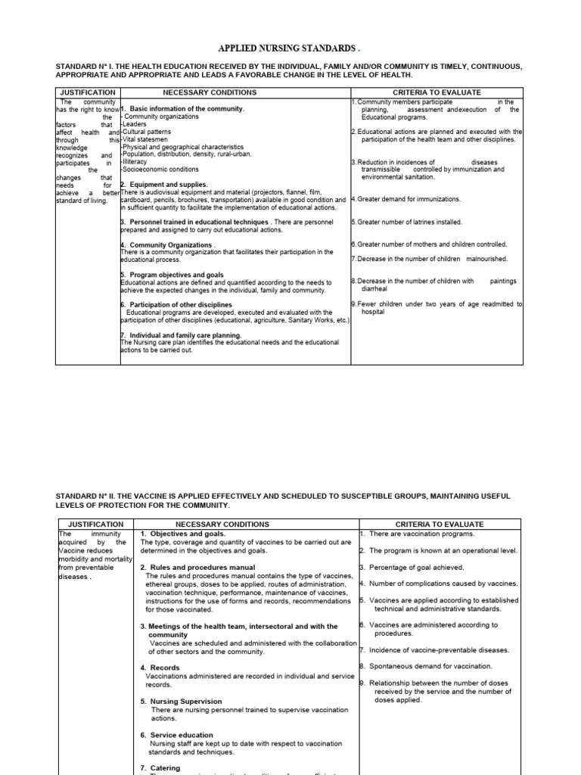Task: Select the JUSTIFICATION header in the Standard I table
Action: (x=88, y=92)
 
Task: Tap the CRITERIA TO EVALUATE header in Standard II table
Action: (x=439, y=524)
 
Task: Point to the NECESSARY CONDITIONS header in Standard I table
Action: (x=210, y=92)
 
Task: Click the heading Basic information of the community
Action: (x=186, y=109)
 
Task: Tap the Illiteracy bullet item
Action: (x=137, y=162)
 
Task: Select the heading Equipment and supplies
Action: (x=166, y=185)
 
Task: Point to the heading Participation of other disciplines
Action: (x=181, y=304)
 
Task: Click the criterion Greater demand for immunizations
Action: (x=409, y=200)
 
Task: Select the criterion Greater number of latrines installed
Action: (x=409, y=222)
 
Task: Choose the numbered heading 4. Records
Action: (x=160, y=668)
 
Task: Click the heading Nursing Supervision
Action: (x=186, y=702)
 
